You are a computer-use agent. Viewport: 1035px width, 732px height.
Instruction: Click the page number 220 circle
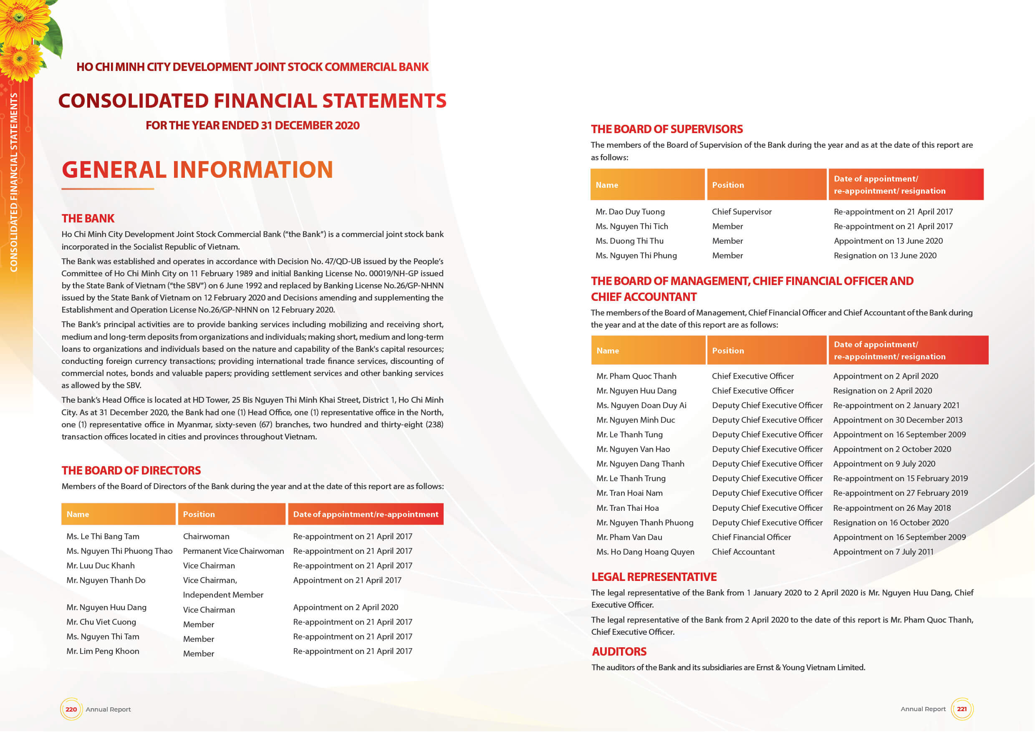coord(71,709)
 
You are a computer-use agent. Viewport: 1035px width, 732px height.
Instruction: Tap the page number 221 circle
coord(962,709)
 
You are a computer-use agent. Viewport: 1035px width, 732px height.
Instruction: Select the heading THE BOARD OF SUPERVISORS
coord(667,129)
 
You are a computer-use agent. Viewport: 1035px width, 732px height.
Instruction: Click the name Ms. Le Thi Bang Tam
coord(103,536)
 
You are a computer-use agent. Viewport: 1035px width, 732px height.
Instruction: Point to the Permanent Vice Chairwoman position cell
coord(233,551)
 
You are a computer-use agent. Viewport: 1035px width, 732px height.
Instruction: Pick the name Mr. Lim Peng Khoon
coord(103,651)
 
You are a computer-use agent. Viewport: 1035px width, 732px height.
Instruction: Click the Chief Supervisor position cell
coord(742,212)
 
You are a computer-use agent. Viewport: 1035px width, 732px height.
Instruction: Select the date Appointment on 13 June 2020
coord(888,241)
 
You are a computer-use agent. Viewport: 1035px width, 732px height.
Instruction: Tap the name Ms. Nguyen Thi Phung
coord(636,255)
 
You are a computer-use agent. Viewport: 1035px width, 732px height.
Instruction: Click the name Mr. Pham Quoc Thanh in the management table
coord(636,376)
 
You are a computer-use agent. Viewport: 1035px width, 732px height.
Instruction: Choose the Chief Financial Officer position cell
coord(751,537)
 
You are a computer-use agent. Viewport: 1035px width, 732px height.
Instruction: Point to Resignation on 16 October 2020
coord(891,522)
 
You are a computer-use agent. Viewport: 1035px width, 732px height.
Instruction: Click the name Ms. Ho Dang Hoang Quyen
coord(645,552)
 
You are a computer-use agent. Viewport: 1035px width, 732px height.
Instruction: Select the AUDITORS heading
coord(619,651)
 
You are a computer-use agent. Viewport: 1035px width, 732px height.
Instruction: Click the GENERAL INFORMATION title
coord(197,170)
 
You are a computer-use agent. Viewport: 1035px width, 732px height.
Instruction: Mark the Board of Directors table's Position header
coord(199,514)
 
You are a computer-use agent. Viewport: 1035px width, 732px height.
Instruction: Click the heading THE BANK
coord(88,219)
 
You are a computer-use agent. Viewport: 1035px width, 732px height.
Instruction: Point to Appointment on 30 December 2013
coord(898,420)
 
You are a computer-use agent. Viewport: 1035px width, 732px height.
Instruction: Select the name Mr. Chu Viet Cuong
coord(101,622)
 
